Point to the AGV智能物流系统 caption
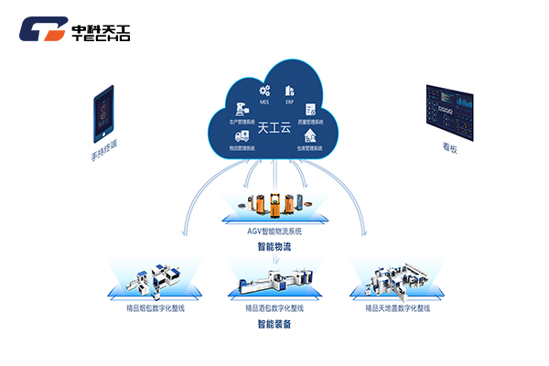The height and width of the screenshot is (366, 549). [x=274, y=231]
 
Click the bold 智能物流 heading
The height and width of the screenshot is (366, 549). [x=274, y=247]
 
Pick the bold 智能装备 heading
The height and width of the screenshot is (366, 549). [x=274, y=325]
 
